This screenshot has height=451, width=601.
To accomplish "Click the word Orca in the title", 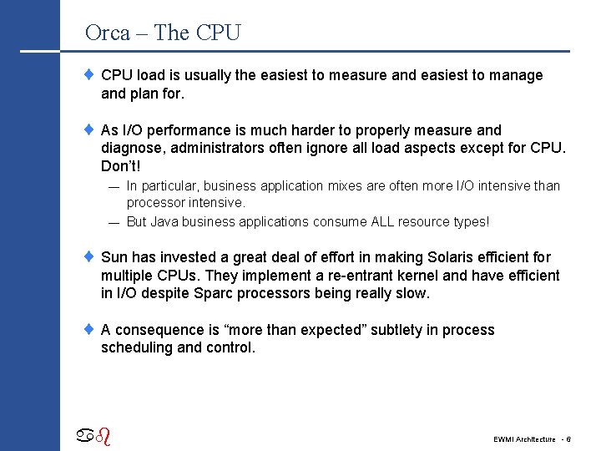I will coord(108,33).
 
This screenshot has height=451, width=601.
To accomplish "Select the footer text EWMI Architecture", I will coord(524,439).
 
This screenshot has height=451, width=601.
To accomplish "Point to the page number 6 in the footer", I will coord(568,439).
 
